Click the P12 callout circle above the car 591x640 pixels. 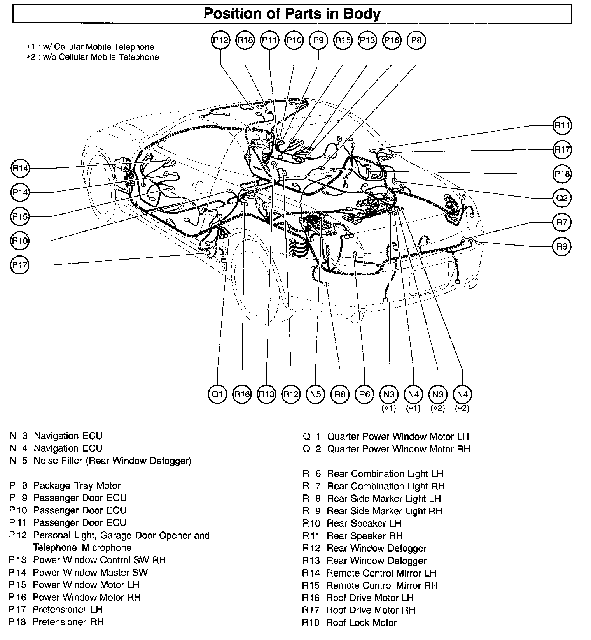click(221, 40)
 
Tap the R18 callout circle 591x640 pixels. click(245, 40)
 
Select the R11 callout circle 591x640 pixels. click(562, 125)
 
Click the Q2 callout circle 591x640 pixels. click(562, 198)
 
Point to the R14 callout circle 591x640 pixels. click(20, 168)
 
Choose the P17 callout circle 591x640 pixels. click(20, 265)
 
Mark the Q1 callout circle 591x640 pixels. click(217, 394)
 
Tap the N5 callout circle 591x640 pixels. click(315, 394)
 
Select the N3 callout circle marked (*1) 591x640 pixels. click(389, 394)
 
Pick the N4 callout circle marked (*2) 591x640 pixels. click(462, 394)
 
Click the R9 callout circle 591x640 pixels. click(562, 246)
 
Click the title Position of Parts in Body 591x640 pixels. click(292, 14)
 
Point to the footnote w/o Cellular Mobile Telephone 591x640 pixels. click(95, 57)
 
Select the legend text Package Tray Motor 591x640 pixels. click(77, 485)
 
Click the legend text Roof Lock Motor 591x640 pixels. click(361, 622)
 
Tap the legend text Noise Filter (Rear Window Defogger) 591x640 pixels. click(112, 461)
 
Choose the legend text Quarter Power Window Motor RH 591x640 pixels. click(399, 449)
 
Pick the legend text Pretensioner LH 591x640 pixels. click(67, 609)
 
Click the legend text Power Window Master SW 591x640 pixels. click(90, 572)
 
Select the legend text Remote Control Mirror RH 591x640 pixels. click(382, 585)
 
